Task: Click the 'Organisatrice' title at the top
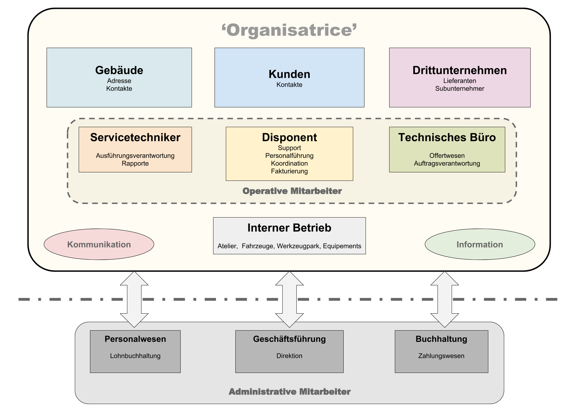click(289, 30)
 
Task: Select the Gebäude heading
click(119, 70)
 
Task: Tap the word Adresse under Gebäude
click(119, 81)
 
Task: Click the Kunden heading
click(289, 74)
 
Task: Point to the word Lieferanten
click(460, 81)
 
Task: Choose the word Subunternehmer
click(460, 89)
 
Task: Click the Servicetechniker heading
click(135, 137)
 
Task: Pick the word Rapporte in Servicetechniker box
click(135, 164)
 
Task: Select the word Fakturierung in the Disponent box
click(289, 171)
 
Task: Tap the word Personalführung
click(289, 156)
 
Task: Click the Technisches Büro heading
click(447, 137)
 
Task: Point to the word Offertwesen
click(447, 156)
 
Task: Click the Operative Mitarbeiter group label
click(292, 191)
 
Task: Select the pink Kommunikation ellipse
click(99, 244)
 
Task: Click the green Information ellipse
click(480, 244)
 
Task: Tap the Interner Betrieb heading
click(289, 228)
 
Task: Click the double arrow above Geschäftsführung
click(289, 299)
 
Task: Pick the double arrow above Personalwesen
click(134, 299)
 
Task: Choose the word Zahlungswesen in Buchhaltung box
click(441, 356)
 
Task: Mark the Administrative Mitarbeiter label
click(290, 392)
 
